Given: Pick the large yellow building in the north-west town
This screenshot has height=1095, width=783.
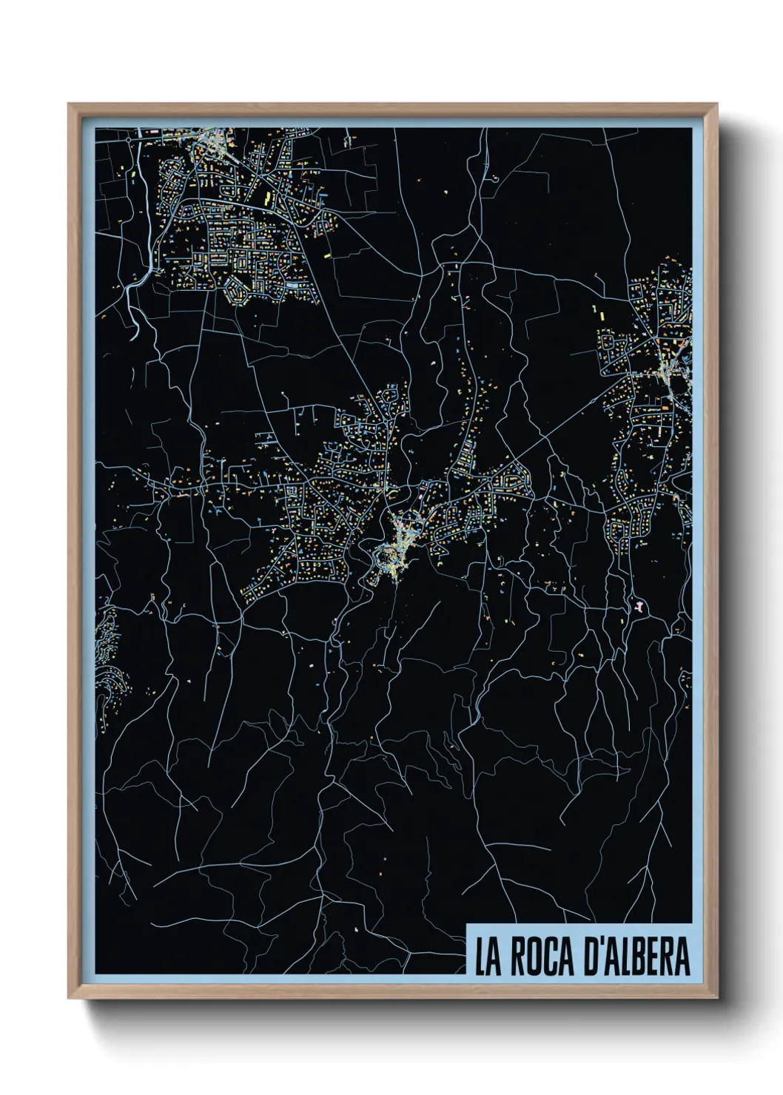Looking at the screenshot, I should click(267, 198).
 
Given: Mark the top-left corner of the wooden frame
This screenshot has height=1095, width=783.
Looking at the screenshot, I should click(69, 104).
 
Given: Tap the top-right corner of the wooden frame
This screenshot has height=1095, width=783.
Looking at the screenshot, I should click(717, 104).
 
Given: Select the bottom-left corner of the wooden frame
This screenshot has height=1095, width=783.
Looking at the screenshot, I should click(69, 998).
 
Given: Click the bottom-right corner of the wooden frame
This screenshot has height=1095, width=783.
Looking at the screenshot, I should click(717, 998).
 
